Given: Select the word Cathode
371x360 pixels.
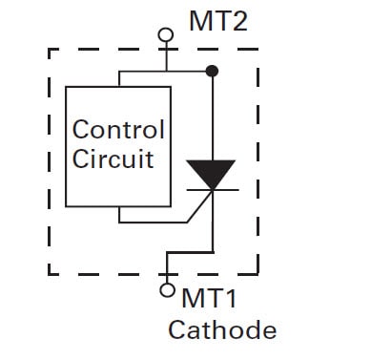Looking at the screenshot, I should click(222, 330).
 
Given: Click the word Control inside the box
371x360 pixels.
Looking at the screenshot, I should click(118, 130).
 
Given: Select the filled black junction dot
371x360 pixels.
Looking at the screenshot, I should click(212, 70).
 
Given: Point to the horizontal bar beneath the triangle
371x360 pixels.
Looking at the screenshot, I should click(212, 189).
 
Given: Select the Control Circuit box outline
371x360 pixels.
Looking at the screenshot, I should click(65, 143).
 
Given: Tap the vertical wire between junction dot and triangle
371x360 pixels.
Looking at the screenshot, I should click(212, 115).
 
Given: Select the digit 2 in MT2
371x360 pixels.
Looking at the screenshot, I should click(239, 20).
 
